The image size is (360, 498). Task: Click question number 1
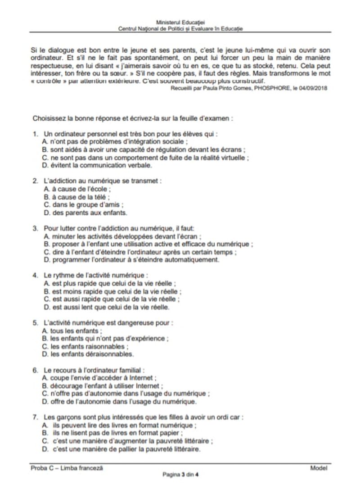tap(35, 134)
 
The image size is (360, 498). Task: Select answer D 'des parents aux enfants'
tap(84, 213)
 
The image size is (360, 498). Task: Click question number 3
tap(35, 228)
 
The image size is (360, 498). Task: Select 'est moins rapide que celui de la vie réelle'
tap(109, 291)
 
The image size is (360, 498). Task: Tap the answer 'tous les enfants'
tap(70, 330)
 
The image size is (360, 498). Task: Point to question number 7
tap(35, 417)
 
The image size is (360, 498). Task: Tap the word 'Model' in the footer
tap(319, 468)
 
